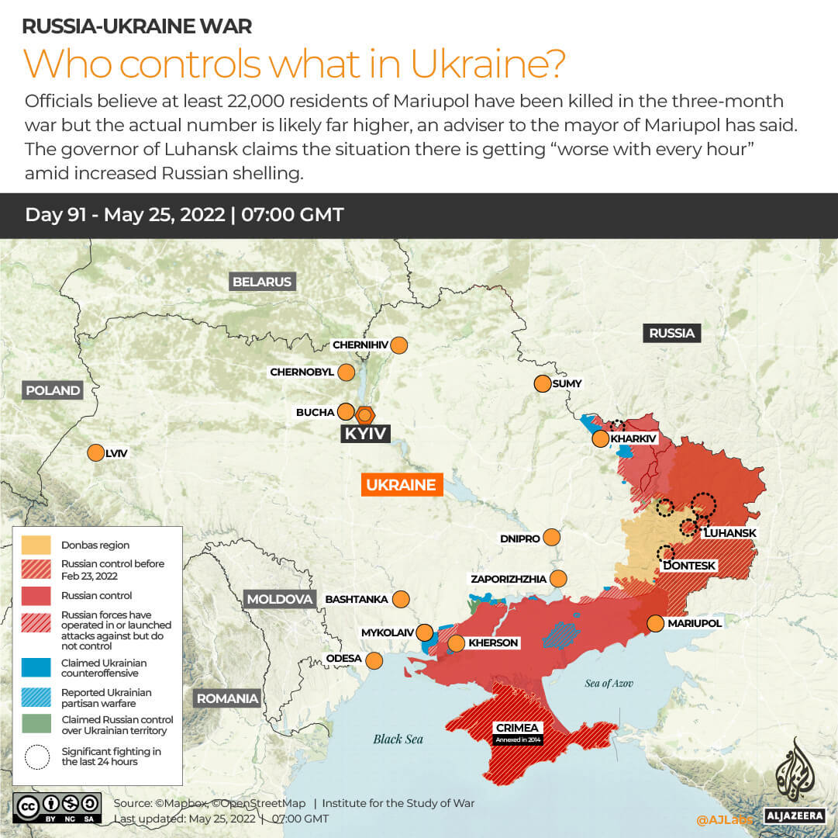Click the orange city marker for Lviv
(x=95, y=453)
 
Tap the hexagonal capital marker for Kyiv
(x=364, y=414)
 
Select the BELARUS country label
(x=263, y=282)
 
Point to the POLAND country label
(x=53, y=390)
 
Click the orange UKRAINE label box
(x=401, y=485)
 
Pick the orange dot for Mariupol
(x=655, y=623)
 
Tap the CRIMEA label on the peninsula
(x=519, y=729)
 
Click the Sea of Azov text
(x=609, y=683)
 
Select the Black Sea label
(x=398, y=739)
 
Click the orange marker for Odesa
(x=374, y=660)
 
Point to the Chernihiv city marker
(x=399, y=345)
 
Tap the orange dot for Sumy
(x=542, y=383)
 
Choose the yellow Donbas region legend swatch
(x=36, y=545)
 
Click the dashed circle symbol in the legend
(x=36, y=757)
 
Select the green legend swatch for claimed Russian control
(x=36, y=725)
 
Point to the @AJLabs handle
(x=723, y=819)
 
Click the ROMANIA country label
(x=227, y=698)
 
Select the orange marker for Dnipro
(x=552, y=537)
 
